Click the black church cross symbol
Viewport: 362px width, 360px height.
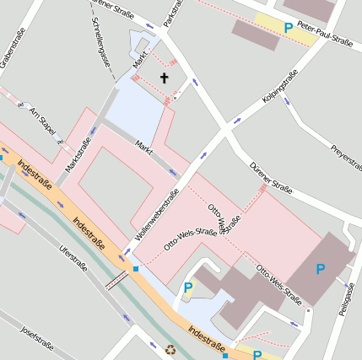point(164,78)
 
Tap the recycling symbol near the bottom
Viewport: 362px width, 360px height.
point(171,348)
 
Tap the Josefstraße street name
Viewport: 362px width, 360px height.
point(37,337)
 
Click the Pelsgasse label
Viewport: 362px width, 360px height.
point(345,299)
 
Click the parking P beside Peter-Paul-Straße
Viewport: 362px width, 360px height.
point(289,28)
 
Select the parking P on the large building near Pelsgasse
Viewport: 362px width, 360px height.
point(320,269)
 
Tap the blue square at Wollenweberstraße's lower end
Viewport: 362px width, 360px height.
point(136,269)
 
